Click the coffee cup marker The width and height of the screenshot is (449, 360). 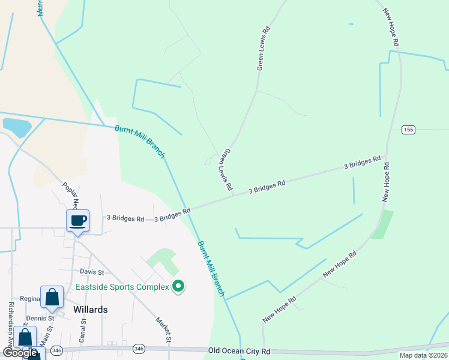point(77,221)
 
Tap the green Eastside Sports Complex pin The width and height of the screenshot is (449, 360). point(178,287)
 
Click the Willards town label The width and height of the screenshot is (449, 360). point(90,310)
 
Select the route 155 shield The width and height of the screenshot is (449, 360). point(409,130)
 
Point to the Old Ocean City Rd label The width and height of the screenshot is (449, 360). point(239,351)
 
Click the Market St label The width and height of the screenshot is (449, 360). point(164,330)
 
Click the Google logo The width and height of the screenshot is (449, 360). point(19,353)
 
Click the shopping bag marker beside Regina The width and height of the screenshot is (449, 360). point(52,297)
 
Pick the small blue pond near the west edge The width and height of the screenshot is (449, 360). point(16,127)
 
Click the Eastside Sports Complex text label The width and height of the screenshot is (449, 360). point(122,287)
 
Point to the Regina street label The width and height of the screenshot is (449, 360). point(29,299)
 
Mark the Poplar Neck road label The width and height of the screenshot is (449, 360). point(70,194)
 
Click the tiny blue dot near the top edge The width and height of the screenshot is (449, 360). point(351,25)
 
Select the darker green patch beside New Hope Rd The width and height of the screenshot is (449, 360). point(382,225)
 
